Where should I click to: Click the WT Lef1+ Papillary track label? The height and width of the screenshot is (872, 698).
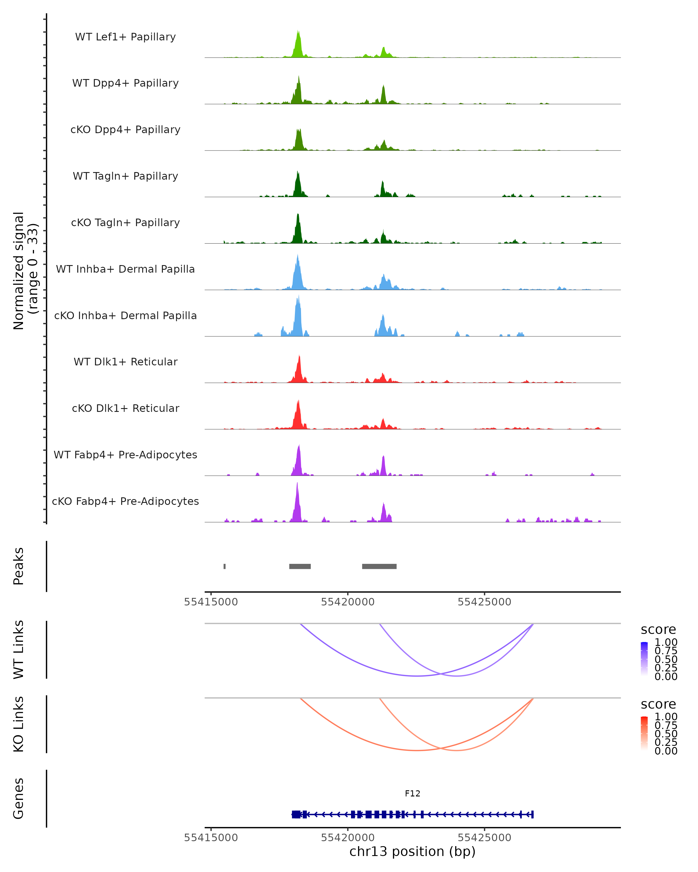point(125,37)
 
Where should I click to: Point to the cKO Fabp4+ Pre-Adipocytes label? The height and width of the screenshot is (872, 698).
point(125,501)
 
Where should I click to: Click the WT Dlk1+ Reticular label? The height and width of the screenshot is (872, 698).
point(125,362)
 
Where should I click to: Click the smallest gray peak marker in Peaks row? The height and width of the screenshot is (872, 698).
point(225,566)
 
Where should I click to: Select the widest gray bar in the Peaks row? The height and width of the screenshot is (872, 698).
point(379,566)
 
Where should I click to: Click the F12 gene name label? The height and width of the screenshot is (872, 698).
point(412,794)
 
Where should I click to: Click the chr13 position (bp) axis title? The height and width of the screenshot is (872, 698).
point(412,851)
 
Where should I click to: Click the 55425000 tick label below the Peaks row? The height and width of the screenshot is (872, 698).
point(484,602)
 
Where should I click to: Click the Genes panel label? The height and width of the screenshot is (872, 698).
point(19,798)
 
